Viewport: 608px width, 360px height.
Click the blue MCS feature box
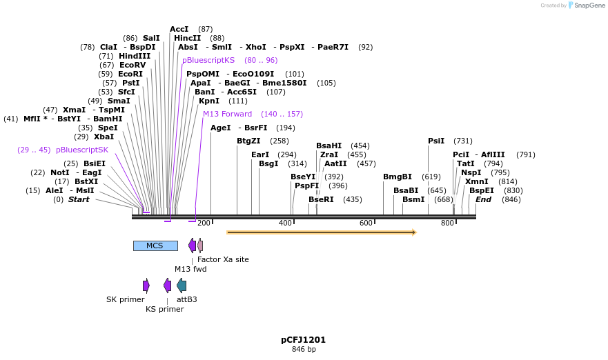point(155,246)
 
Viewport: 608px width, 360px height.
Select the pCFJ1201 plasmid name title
point(303,340)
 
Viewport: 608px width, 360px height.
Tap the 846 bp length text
point(303,350)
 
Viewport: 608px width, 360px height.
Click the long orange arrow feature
point(321,232)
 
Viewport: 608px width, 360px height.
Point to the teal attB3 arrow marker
point(182,286)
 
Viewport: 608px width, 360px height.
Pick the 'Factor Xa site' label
point(223,259)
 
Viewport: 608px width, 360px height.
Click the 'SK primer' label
point(126,299)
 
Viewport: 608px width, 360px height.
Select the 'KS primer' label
point(164,309)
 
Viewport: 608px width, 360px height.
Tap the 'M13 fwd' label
point(190,269)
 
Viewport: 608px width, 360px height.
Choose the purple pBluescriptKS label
point(208,60)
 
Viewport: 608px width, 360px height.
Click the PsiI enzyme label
point(436,141)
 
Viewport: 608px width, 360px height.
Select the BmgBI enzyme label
point(398,177)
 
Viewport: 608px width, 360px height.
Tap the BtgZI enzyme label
point(248,141)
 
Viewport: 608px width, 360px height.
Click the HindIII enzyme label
point(135,57)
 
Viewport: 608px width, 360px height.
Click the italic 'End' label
point(483,199)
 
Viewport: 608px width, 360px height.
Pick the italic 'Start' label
point(79,199)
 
